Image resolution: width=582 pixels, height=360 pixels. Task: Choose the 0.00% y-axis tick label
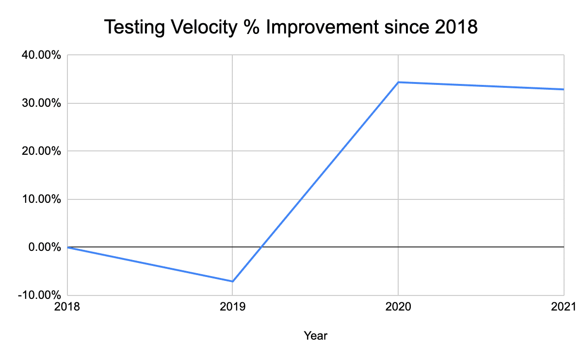point(44,247)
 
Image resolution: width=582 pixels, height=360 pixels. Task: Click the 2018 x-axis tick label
point(67,307)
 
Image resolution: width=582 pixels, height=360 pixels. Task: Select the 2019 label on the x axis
point(233,307)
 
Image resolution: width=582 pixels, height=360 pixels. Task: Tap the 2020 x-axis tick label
point(398,307)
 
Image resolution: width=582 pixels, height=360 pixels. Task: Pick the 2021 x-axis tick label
point(564,307)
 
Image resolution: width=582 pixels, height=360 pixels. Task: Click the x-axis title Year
point(315,335)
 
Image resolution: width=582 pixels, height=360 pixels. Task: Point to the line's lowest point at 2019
point(233,281)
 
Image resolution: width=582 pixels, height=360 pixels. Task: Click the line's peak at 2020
point(398,82)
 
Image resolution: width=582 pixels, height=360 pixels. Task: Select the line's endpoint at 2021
point(564,89)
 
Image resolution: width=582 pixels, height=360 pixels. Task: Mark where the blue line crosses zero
point(261,247)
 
